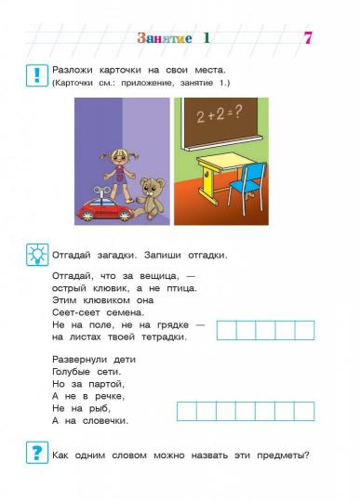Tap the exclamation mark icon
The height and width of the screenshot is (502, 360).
coord(36,75)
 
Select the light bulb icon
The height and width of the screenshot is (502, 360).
coord(36,254)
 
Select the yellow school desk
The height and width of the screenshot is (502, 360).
coord(216,178)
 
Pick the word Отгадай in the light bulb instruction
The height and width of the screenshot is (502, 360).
coord(76,254)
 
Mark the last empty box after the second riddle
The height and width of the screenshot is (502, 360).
coord(304,411)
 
